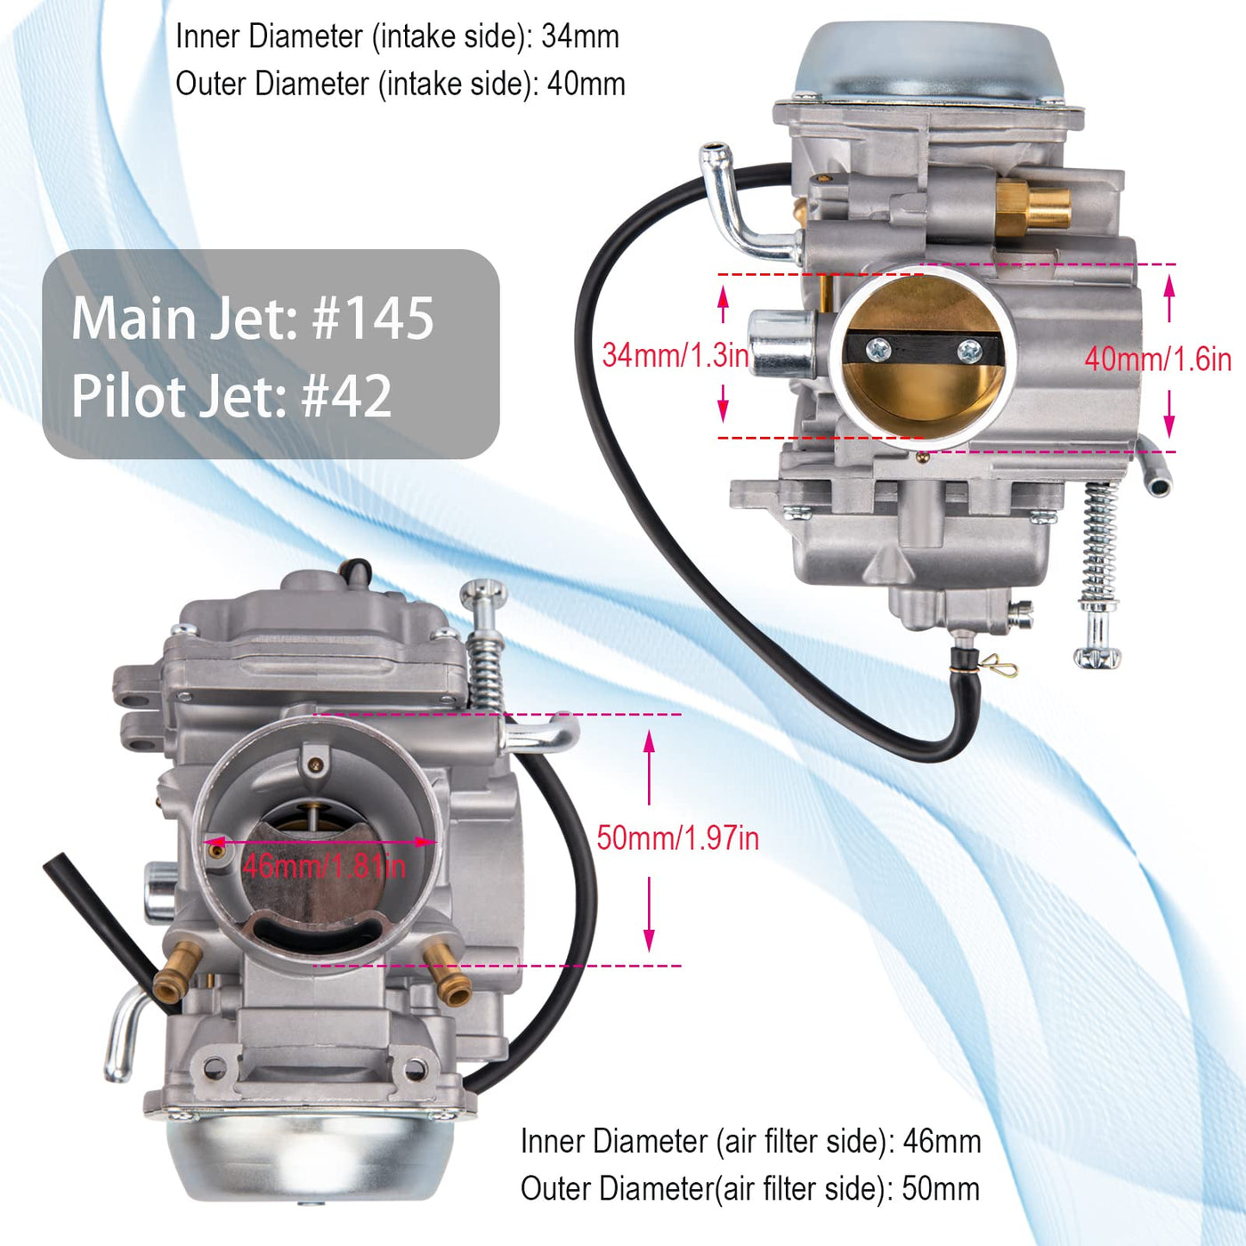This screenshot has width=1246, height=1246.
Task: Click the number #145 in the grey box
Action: tap(373, 318)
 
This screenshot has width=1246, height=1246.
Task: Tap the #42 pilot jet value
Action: tap(346, 396)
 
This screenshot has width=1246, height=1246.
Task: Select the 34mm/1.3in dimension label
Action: tap(675, 355)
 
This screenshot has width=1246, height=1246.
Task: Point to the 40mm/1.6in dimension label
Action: tap(1158, 359)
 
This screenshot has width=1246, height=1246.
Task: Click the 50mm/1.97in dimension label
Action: tap(677, 838)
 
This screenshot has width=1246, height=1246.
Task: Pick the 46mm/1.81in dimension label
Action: tap(325, 866)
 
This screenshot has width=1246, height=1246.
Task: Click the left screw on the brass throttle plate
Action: tap(878, 351)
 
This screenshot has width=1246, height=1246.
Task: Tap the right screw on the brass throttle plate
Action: tap(968, 351)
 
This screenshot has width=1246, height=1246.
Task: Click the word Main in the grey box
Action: tap(133, 318)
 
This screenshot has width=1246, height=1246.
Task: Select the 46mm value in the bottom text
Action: tap(943, 1141)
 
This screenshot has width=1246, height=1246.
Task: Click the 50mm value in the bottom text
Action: tap(941, 1188)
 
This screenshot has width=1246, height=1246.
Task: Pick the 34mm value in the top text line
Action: tap(580, 36)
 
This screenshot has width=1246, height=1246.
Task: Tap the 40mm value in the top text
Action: tap(586, 84)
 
